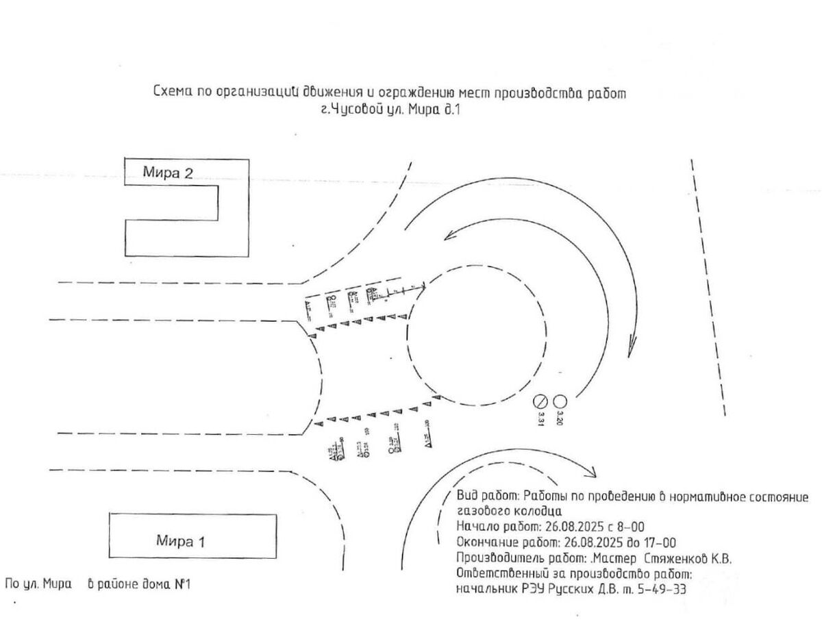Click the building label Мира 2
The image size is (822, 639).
(x=167, y=173)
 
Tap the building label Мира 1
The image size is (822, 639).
(x=181, y=541)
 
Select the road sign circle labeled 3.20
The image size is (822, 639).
(x=560, y=401)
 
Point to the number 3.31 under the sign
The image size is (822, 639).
(x=540, y=419)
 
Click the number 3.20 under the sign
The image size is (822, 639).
(x=560, y=419)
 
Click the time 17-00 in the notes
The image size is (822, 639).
(x=660, y=542)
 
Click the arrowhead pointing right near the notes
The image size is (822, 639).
(x=590, y=473)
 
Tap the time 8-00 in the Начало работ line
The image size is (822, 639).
(x=631, y=527)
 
